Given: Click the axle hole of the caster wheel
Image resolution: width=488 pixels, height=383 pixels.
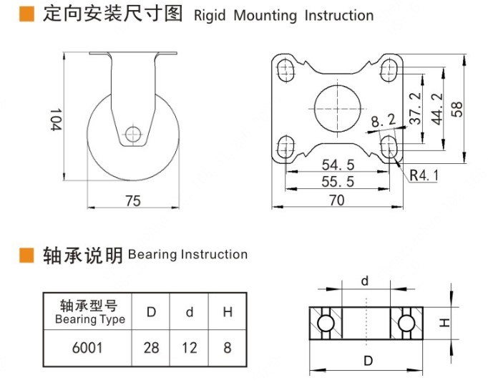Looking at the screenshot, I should point(132,134).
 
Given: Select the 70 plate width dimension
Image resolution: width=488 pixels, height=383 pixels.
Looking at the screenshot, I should point(336,200).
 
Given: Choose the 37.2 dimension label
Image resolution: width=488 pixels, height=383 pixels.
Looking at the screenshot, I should point(414,106).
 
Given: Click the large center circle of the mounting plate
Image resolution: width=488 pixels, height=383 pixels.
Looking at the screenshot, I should point(334,107).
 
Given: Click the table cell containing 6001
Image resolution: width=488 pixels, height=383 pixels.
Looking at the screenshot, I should point(88,348).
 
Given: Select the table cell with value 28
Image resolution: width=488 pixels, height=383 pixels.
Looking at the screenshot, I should point(152,348).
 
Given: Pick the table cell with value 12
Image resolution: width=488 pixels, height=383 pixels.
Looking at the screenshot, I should point(190,348).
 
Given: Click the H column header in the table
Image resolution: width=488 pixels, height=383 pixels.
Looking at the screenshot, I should point(228,312).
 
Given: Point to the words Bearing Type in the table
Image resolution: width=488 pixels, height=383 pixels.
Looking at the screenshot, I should point(89,319).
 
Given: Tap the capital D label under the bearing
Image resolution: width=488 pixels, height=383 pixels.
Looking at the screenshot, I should point(367,361).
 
